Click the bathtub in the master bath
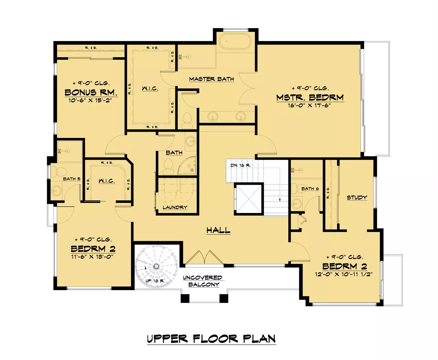coord(235,41)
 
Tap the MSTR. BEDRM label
coord(310,97)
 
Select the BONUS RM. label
coord(91,92)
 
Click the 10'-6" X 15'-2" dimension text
coord(90,100)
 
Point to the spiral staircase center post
coord(156,266)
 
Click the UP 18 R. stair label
coord(155,281)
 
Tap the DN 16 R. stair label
coord(241,165)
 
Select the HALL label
coord(218,230)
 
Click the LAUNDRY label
coord(175,207)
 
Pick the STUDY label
coord(357,197)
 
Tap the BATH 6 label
coord(310,189)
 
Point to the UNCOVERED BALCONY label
coord(203,281)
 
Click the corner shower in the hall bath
coord(188,166)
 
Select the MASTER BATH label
coord(211,79)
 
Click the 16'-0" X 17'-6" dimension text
coord(309,106)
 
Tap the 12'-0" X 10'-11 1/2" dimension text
coord(344,274)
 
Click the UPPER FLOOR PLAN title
coord(211,339)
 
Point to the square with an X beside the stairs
coord(249,199)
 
